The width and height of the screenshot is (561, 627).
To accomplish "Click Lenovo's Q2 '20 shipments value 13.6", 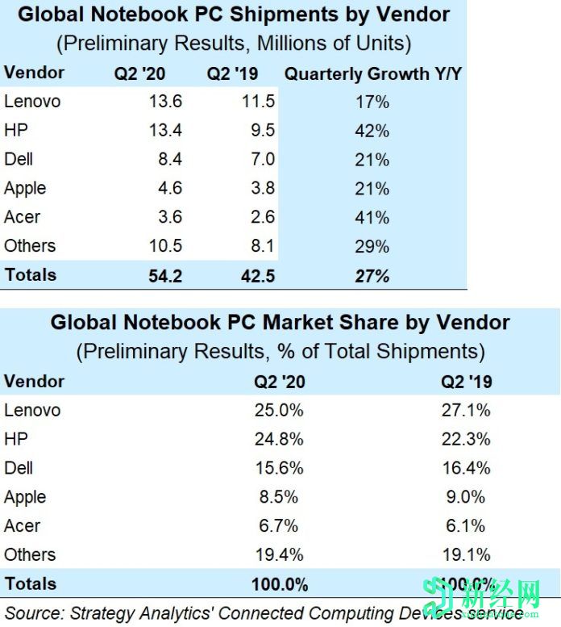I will pos(166,102).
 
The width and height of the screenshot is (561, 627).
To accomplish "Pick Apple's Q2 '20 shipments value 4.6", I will pos(169,188).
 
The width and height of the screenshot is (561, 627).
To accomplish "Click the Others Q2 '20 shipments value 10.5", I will pos(166,246).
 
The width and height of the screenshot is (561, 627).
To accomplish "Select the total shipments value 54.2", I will pos(166,275).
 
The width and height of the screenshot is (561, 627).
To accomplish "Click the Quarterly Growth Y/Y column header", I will pos(373,73).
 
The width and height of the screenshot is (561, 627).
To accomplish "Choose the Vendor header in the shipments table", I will pos(34,73).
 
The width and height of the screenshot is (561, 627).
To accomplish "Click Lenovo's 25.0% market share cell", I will pos(280,410).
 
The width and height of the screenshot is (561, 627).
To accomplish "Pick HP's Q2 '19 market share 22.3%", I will pos(467,439).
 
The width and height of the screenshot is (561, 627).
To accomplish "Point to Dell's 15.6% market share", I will pos(280,468).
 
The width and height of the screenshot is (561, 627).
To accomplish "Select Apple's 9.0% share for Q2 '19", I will pos(467,497).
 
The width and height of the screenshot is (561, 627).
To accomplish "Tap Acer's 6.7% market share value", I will pos(280,526).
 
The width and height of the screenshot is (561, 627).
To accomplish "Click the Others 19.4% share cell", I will pos(280,554).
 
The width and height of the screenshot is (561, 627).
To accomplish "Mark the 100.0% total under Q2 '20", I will pos(280,583).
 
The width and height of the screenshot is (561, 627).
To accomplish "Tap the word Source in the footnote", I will pos(32,612).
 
